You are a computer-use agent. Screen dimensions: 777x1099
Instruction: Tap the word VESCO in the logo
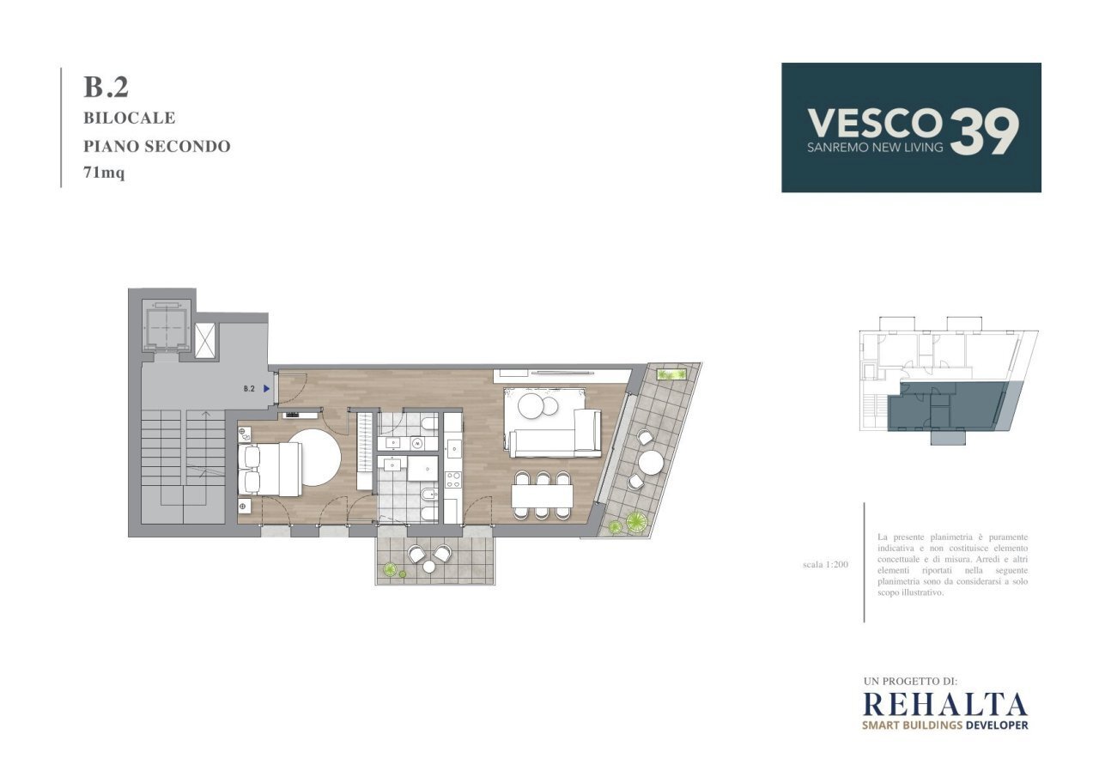click(874, 123)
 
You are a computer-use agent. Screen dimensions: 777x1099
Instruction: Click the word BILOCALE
click(129, 118)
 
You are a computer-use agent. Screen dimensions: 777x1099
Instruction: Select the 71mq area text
click(104, 173)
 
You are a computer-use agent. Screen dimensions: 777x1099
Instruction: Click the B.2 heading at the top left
click(106, 87)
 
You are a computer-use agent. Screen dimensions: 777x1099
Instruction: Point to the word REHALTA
click(944, 704)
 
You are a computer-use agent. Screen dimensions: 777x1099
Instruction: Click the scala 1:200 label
click(824, 565)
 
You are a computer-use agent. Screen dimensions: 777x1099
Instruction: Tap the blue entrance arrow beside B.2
click(267, 388)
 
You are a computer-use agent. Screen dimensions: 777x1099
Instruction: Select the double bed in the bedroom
click(270, 468)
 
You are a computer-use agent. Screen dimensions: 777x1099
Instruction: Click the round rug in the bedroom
click(313, 457)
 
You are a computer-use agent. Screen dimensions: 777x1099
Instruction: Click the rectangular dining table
click(542, 495)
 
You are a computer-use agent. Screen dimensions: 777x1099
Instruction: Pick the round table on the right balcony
click(649, 463)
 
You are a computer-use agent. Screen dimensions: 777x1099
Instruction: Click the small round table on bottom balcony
click(428, 566)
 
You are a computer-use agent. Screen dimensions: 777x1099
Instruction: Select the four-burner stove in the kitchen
click(452, 479)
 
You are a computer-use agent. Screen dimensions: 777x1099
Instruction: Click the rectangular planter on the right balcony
click(671, 374)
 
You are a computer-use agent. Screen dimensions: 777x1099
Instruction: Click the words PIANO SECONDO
click(156, 146)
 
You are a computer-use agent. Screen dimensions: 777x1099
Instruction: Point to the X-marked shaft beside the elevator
click(206, 340)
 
